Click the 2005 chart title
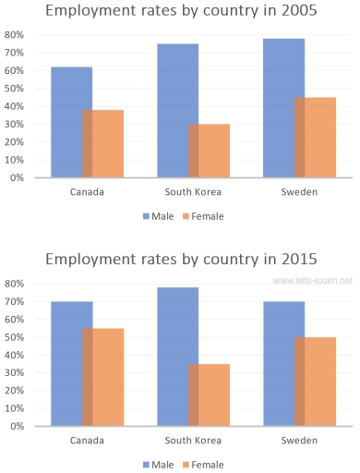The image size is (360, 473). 180,12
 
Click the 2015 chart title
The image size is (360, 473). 180,260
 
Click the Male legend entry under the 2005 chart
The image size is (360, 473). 157,216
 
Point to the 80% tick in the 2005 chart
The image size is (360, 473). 15,34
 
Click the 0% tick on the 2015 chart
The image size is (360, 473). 17,426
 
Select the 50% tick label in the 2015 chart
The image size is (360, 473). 15,336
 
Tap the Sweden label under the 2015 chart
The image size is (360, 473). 299,442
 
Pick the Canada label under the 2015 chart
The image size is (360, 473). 87,442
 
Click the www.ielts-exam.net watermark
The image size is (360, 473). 313,280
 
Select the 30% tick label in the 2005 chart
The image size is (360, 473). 15,124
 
